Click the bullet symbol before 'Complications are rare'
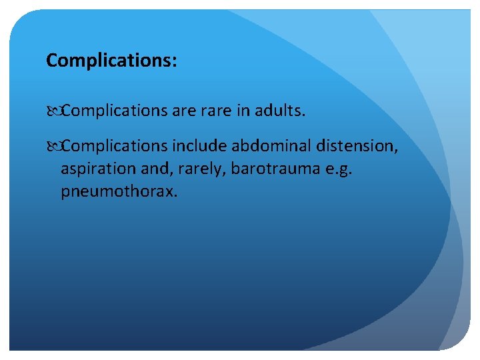click(53, 110)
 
